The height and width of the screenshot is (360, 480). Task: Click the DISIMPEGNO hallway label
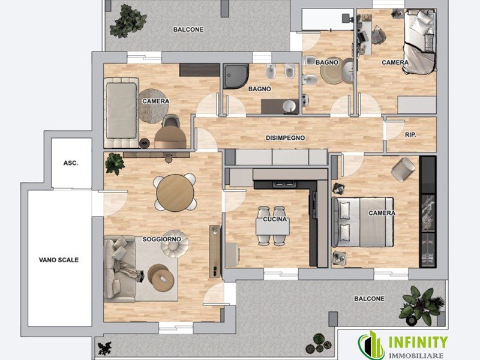[x=285, y=138]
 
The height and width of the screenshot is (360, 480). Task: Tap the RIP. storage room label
[x=410, y=134]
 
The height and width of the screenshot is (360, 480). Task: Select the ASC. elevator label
[x=71, y=163]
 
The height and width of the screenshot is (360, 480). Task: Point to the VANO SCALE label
[x=59, y=260]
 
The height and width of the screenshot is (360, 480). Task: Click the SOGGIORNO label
[x=161, y=239]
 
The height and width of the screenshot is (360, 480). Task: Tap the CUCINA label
[x=275, y=219]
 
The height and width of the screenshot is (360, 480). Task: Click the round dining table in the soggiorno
[x=175, y=193]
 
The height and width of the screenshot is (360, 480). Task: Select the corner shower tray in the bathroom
[x=235, y=76]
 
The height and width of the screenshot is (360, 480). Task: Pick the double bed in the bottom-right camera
[x=363, y=222]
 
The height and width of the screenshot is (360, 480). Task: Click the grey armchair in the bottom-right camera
[x=403, y=169]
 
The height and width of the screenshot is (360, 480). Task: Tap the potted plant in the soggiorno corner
[x=115, y=164]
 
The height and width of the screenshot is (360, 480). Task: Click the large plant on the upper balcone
[x=127, y=22]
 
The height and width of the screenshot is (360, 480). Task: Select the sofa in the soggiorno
[x=119, y=269]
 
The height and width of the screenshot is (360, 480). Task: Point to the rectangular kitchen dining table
[x=273, y=227]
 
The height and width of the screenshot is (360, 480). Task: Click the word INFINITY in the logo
[x=418, y=343]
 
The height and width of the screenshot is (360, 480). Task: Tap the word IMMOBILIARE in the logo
[x=418, y=356]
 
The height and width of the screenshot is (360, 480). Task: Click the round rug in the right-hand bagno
[x=332, y=71]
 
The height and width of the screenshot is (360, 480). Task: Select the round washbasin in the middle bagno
[x=289, y=107]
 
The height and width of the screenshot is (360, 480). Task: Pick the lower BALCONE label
[x=369, y=298]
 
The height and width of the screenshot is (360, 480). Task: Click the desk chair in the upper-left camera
[x=171, y=121]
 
